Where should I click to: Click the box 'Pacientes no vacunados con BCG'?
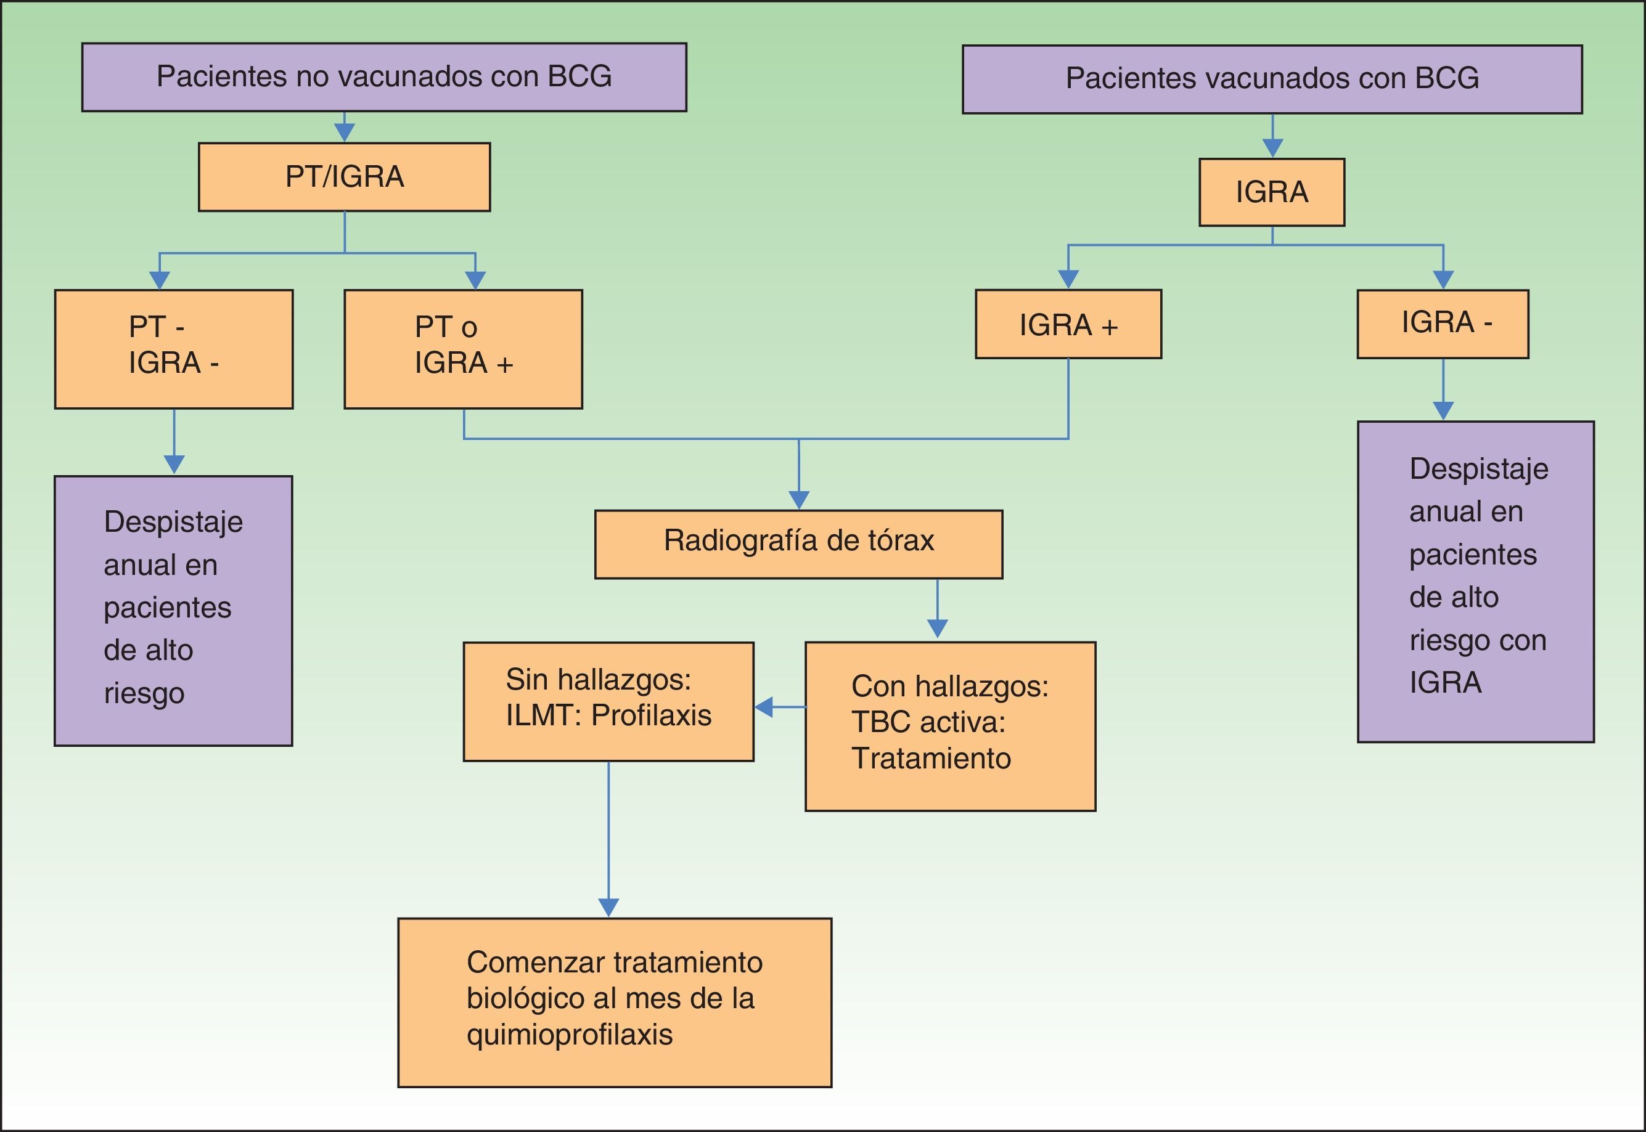(384, 77)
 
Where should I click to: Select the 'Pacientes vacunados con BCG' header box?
(1272, 79)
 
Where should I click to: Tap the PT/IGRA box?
(344, 177)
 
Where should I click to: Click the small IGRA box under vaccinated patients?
(1271, 192)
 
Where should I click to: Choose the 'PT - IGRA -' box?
(174, 349)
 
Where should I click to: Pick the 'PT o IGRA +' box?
(464, 349)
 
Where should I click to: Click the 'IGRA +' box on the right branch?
(1068, 324)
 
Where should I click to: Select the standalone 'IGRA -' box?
(1443, 324)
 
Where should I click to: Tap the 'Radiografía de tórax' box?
(799, 544)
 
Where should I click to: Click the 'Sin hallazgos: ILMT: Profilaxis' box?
(608, 701)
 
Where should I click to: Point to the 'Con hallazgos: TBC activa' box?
(951, 727)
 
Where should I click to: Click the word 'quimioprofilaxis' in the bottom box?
(570, 1035)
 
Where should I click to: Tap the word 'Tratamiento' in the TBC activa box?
(931, 758)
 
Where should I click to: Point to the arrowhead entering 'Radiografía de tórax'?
(799, 500)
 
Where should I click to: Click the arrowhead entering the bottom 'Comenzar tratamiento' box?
(608, 908)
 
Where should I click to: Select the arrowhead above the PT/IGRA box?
(344, 132)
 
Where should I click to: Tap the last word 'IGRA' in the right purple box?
(1445, 682)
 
